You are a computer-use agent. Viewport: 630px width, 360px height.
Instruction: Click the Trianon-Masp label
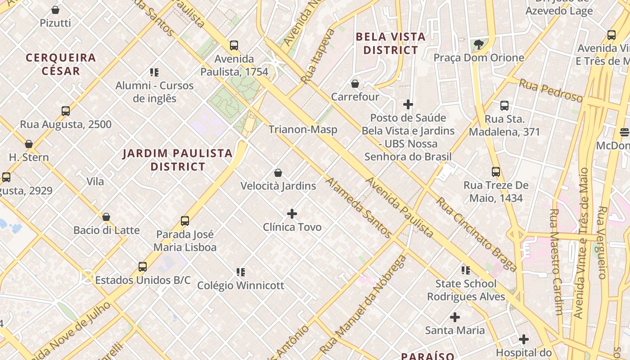coord(303,130)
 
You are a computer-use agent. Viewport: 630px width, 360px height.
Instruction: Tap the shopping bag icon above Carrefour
coord(355,84)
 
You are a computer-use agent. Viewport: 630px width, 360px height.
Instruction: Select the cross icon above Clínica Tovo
coord(292,213)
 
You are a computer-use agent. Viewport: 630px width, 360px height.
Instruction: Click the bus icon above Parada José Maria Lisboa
coord(185,221)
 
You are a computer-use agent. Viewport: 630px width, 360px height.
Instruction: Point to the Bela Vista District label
coord(391,43)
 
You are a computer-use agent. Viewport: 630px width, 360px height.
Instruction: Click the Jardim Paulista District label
coord(178,160)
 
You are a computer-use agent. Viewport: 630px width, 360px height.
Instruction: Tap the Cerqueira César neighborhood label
coord(61,64)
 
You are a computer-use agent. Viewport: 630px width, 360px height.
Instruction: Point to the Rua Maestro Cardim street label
coord(556,261)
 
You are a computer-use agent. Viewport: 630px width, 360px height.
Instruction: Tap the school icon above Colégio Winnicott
coord(241,272)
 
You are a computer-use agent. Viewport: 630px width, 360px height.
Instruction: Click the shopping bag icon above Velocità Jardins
coord(278,173)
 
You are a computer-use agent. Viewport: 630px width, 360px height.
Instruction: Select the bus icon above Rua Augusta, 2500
coord(66,111)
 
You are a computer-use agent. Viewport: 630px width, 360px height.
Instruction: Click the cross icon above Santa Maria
coord(455,317)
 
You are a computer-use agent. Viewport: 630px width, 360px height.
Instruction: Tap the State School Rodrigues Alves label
coord(466,290)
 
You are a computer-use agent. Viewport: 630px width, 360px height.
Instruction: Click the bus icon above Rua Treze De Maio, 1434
coord(496,172)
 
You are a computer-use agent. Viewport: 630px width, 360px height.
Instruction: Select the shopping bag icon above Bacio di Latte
coord(106,217)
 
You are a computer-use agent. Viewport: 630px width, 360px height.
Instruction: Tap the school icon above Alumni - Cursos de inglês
coord(154,72)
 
